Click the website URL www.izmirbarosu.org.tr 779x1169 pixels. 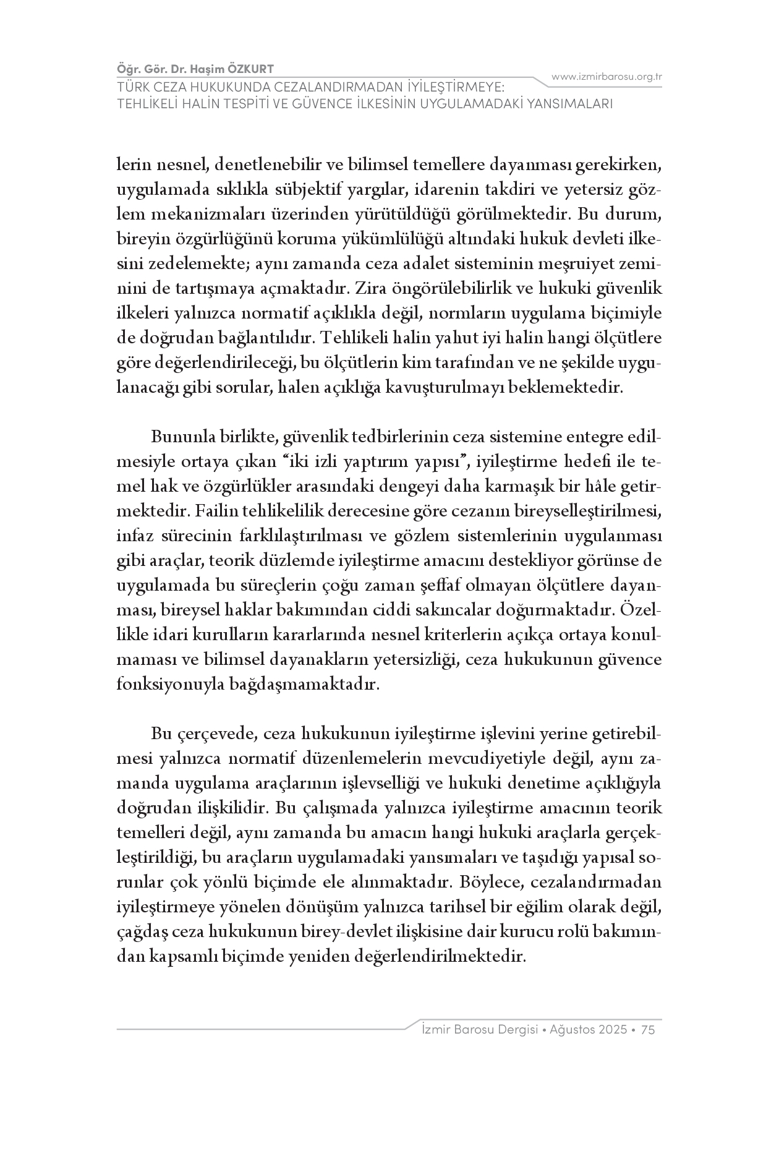(607, 77)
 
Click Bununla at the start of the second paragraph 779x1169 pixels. (182, 437)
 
